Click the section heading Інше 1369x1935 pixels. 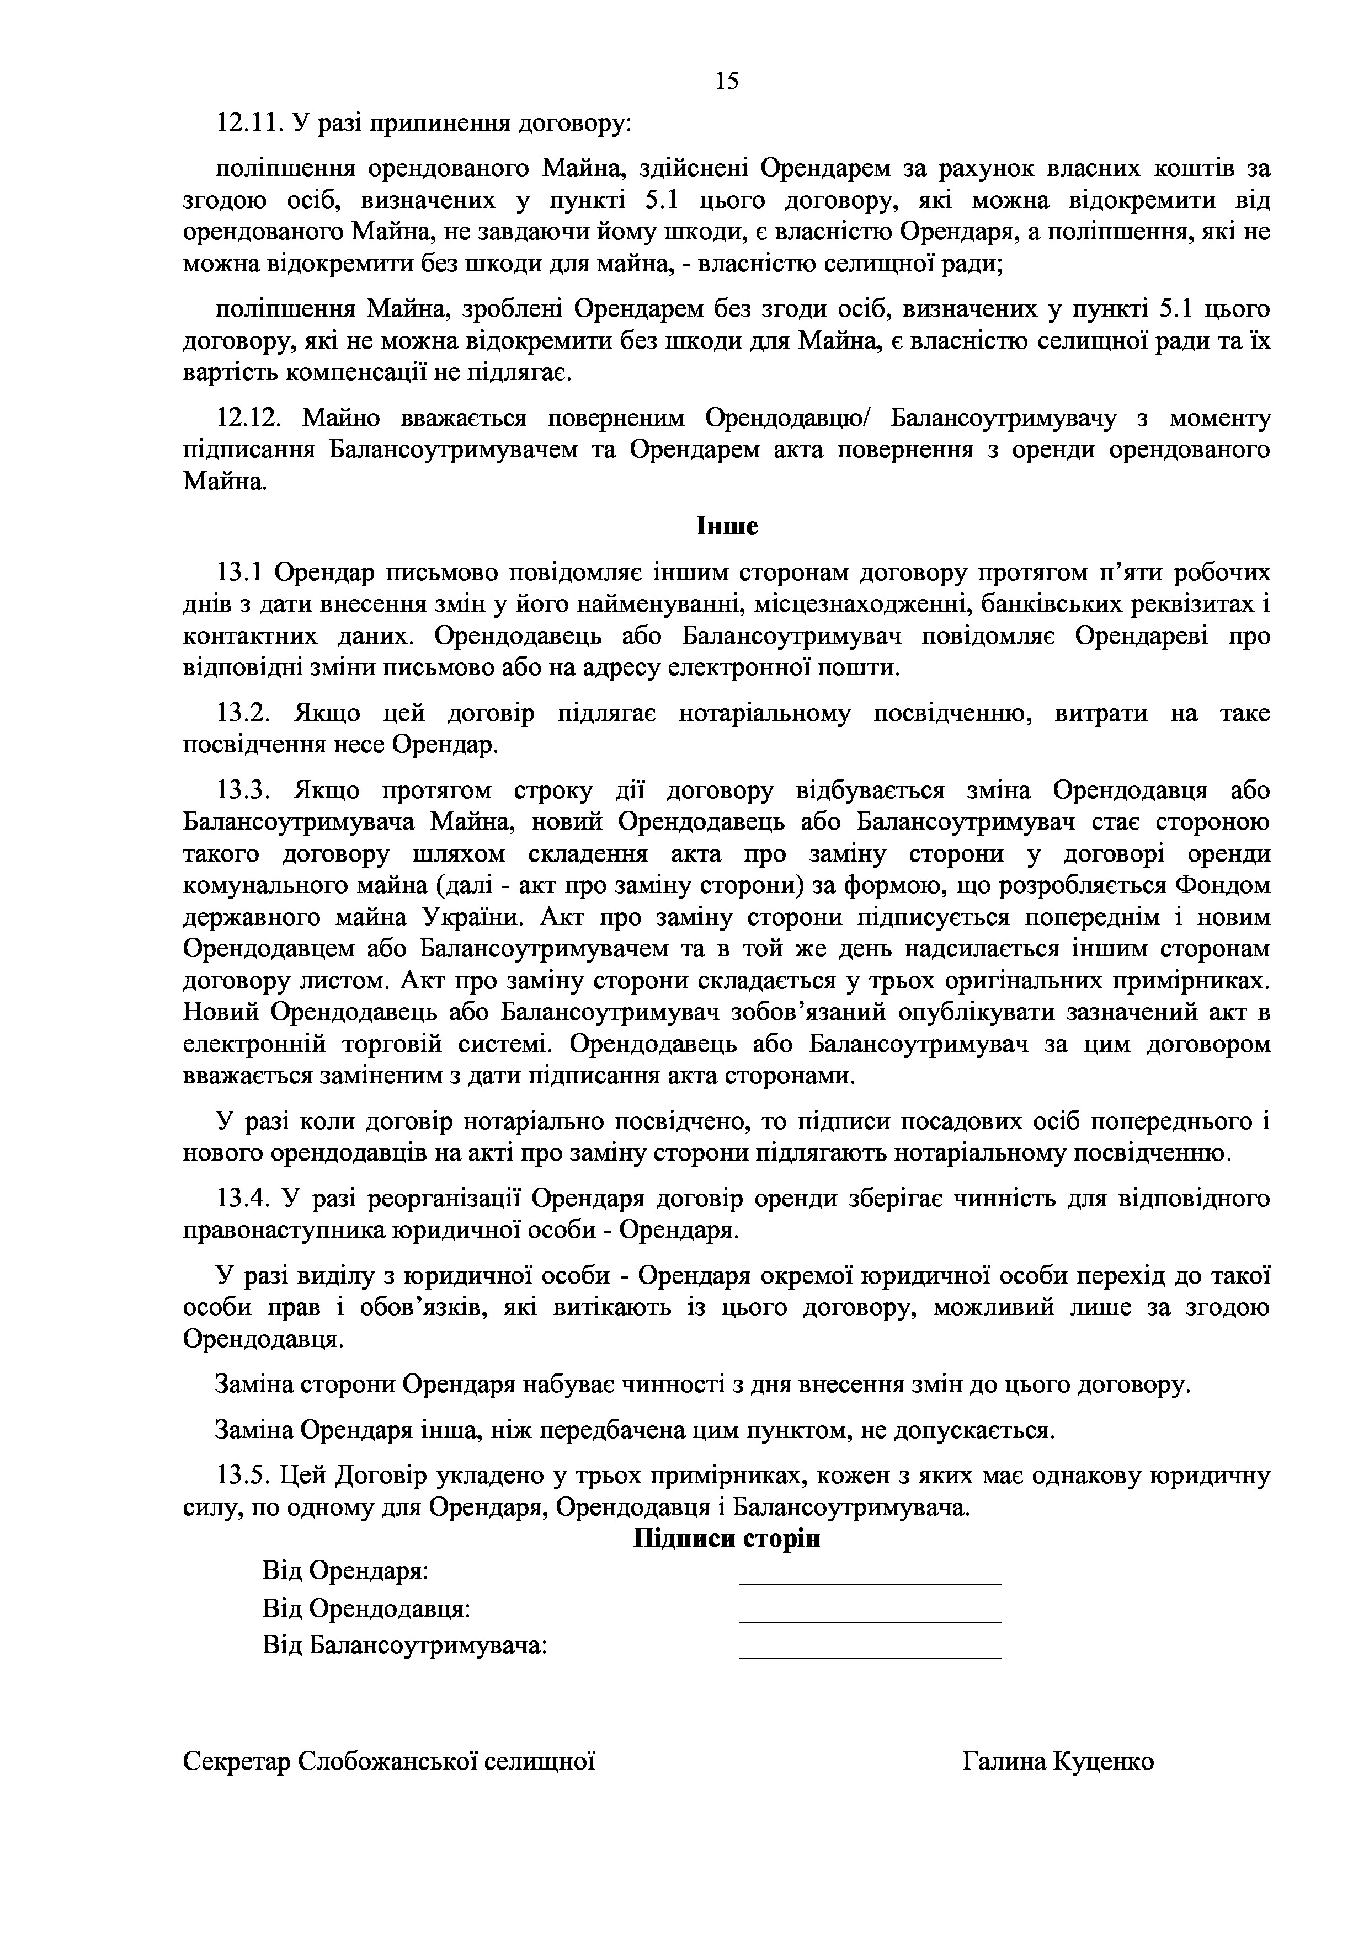click(x=727, y=527)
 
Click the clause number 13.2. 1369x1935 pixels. click(x=243, y=714)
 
